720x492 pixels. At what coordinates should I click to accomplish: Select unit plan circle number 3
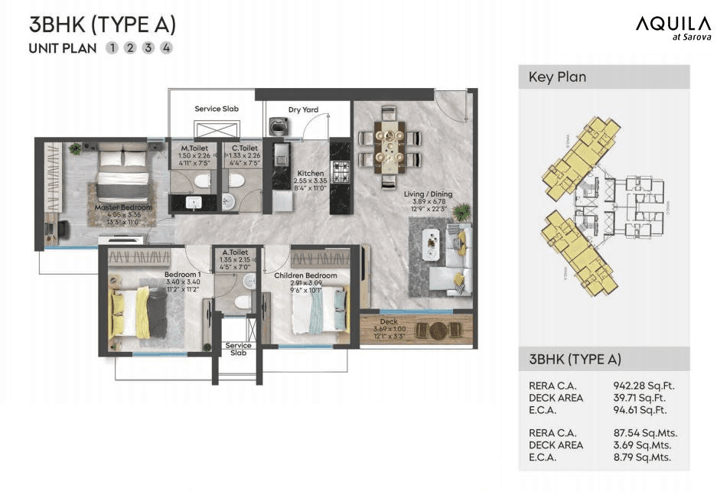tap(148, 48)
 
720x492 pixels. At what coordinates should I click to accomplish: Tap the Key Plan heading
tap(557, 77)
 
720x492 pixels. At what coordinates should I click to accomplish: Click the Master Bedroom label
tap(123, 207)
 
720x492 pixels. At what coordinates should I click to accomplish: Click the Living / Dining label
tap(428, 194)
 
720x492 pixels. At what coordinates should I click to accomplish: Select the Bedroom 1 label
tap(182, 275)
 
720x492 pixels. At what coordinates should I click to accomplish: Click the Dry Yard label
tap(303, 109)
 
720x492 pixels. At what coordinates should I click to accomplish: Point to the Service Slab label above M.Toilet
tap(217, 109)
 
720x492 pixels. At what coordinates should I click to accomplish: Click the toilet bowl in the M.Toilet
tap(202, 181)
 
